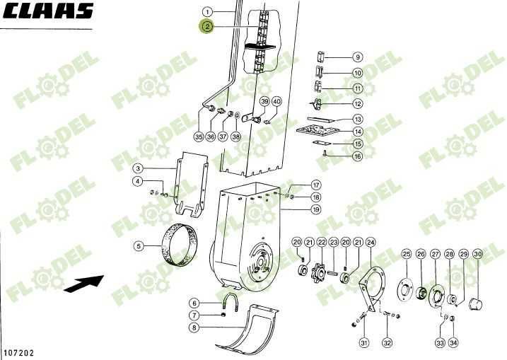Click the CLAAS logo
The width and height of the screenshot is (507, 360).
tap(48, 11)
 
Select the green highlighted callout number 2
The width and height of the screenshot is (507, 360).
tap(207, 26)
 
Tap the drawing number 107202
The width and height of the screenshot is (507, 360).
tap(19, 352)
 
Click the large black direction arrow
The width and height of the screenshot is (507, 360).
tap(84, 284)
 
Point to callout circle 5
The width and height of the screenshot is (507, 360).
tap(139, 246)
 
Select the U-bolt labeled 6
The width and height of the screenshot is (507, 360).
tap(229, 301)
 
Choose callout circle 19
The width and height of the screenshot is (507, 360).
tap(317, 209)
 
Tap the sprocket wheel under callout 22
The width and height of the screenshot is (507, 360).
tap(318, 273)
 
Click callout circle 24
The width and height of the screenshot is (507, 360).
tap(371, 242)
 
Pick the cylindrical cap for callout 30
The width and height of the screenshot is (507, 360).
tap(475, 304)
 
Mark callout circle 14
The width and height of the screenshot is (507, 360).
tap(358, 132)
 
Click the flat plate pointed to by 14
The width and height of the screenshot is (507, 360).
tap(317, 131)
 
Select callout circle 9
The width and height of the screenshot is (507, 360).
tap(358, 57)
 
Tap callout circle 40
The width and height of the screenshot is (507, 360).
tap(276, 102)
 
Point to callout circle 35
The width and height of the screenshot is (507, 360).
tap(199, 137)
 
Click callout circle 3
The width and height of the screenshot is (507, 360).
tap(138, 168)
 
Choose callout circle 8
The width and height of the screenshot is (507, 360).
tap(194, 327)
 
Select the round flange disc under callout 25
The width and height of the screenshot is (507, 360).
tap(405, 289)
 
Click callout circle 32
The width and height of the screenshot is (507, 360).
tap(387, 342)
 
